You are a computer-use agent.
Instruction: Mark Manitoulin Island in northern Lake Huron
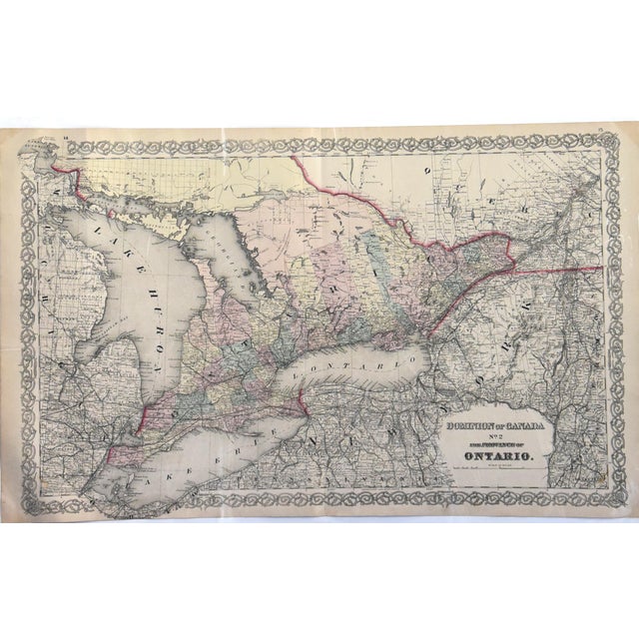180,203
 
